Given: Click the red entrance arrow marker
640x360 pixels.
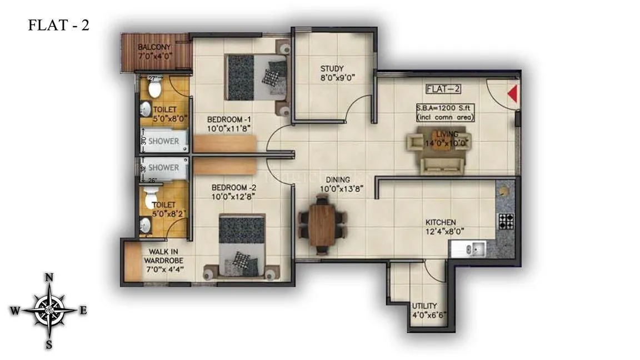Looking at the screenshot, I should [x=513, y=94].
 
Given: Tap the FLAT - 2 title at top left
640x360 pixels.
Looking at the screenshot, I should [x=58, y=26].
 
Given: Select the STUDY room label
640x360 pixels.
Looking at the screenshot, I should [x=332, y=69].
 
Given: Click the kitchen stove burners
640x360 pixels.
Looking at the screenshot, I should [x=506, y=221].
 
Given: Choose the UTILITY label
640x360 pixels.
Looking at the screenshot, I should [x=424, y=306].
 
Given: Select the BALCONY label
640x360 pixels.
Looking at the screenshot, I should [x=154, y=47].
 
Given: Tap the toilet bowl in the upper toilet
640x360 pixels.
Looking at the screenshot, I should [x=154, y=88].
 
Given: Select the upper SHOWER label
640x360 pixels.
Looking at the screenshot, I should [x=164, y=141].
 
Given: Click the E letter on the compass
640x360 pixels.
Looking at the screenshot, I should [x=83, y=311].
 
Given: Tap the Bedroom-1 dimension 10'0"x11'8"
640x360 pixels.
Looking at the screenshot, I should [x=229, y=129].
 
